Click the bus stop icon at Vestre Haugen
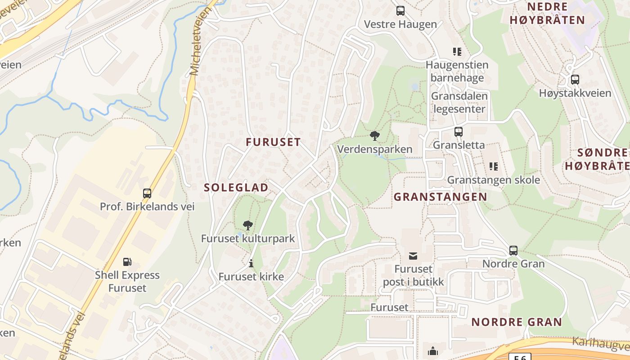coord(400,11)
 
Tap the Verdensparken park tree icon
coord(374,135)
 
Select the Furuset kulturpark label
coord(247,238)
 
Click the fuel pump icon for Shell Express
coord(127,261)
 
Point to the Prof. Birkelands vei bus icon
coord(147,193)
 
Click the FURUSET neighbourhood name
coord(273,142)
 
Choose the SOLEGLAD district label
coord(236,188)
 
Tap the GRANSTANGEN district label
coord(441,197)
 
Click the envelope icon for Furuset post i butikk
coord(413,256)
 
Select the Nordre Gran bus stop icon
coord(513,251)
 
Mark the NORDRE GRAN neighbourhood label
coord(517,322)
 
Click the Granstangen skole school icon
coord(494,166)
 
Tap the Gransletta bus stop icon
coord(459,132)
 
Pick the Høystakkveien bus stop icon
coord(575,80)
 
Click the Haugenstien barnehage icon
coord(457,52)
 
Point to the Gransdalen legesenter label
coord(459,103)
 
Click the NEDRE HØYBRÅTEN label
coord(547,13)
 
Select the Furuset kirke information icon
coord(251,263)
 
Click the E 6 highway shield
coord(520,357)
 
